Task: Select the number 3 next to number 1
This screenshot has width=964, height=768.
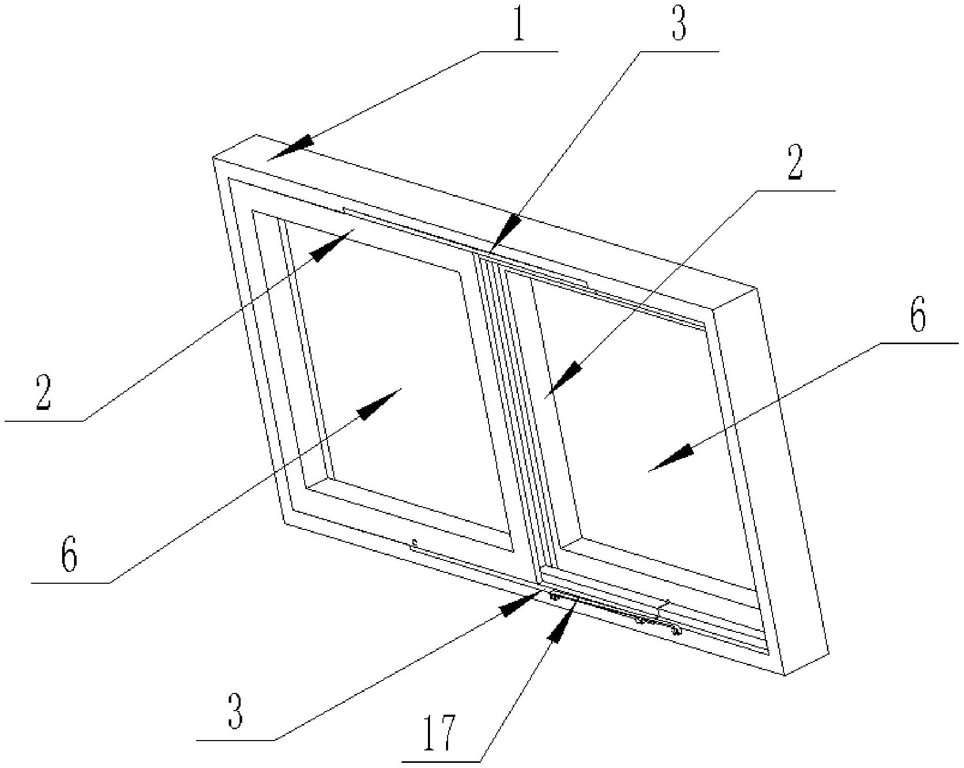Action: click(679, 24)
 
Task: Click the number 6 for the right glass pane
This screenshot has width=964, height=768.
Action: click(917, 316)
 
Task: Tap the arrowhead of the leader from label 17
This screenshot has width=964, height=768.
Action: click(562, 624)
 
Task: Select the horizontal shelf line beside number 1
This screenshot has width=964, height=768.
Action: click(519, 51)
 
